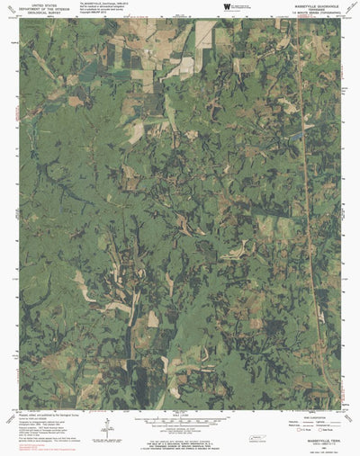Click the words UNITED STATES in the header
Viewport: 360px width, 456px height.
[x=46, y=4]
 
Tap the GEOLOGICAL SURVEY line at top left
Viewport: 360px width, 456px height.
[x=46, y=13]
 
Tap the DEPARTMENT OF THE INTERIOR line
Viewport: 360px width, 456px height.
[x=46, y=9]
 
